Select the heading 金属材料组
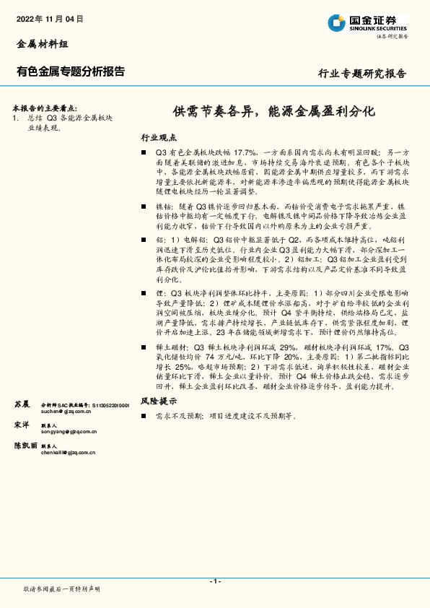(x=42, y=45)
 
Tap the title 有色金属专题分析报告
(x=70, y=71)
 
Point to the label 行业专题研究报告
(x=362, y=74)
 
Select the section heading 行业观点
(x=158, y=137)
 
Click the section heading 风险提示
(x=158, y=400)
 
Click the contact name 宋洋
(x=22, y=425)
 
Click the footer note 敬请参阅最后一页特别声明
(x=62, y=589)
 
